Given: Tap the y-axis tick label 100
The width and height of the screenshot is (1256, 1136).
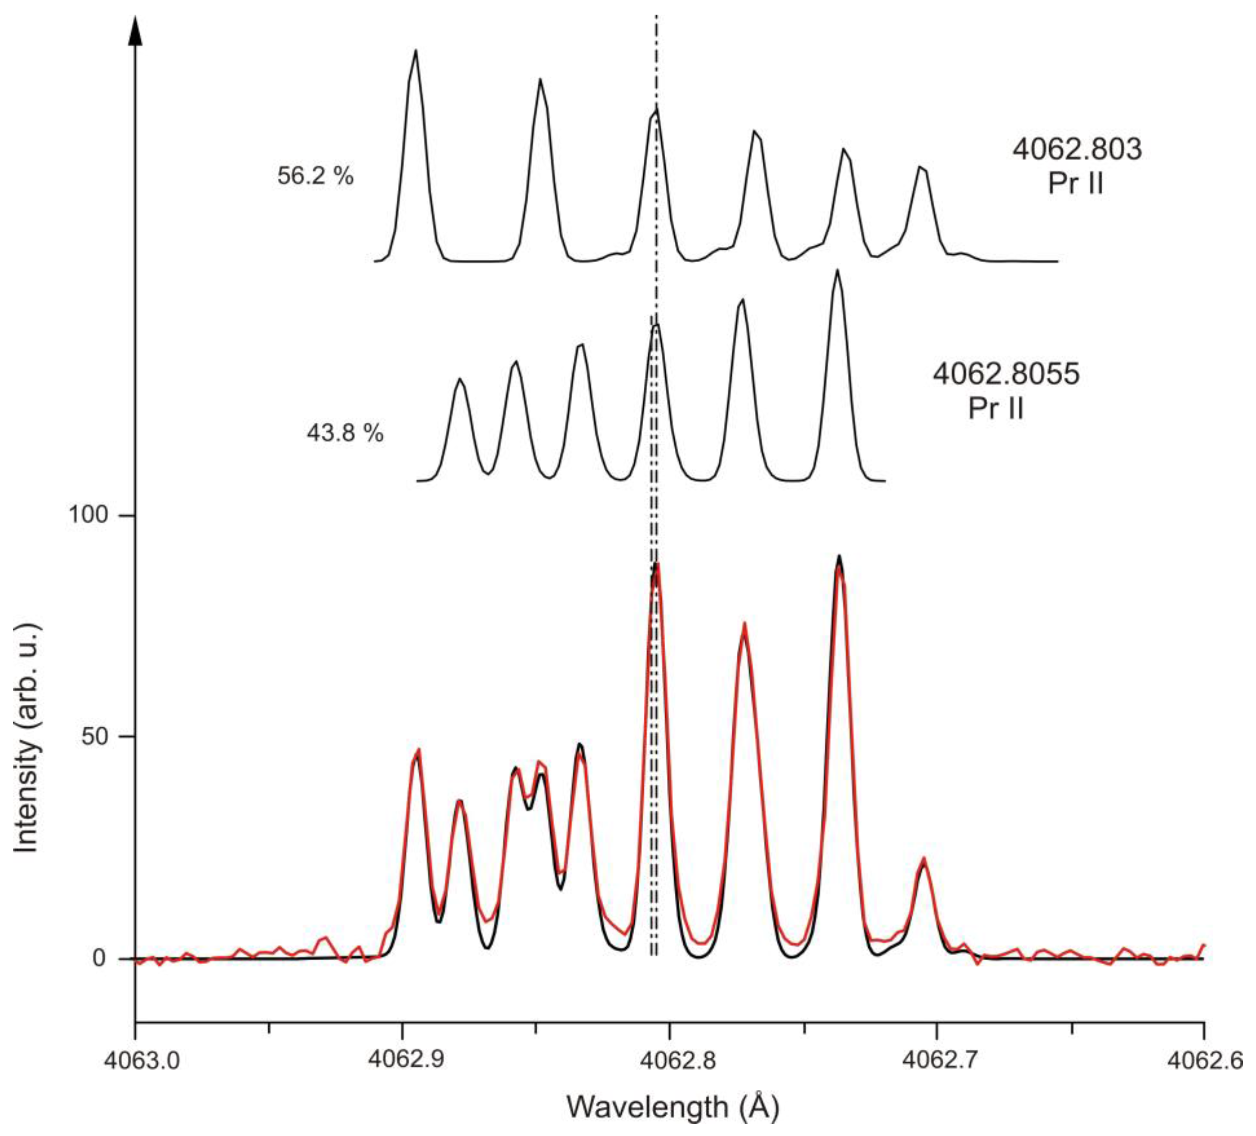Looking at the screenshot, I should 87,516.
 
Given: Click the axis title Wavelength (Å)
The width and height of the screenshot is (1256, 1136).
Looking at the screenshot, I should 673,1106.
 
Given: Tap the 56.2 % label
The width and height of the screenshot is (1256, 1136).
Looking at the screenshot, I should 315,176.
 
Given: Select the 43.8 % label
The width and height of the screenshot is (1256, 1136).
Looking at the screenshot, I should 344,433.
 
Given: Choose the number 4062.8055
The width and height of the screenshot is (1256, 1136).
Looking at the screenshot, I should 1005,375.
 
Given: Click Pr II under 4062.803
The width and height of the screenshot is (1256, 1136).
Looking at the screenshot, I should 1076,184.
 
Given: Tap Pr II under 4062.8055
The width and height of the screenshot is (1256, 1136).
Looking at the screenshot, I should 995,409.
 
